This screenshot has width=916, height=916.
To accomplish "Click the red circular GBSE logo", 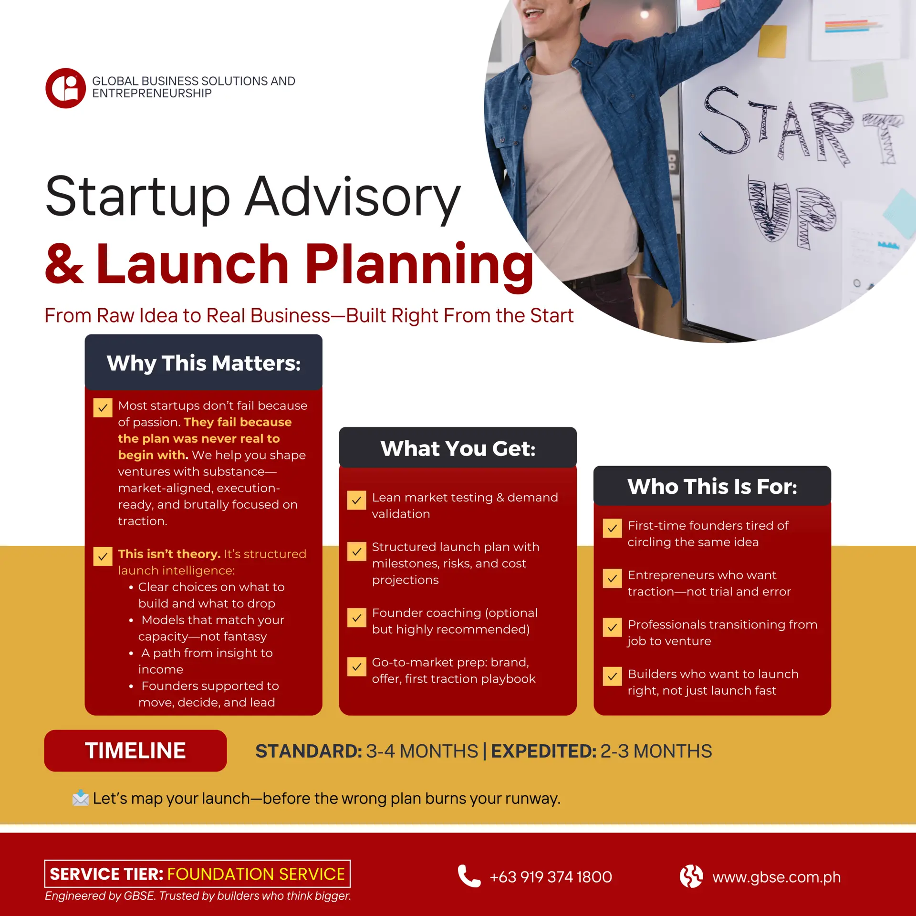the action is pyautogui.click(x=66, y=88).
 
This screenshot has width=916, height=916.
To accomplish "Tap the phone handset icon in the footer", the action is pyautogui.click(x=469, y=876).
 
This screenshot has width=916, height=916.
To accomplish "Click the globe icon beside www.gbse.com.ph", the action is pyautogui.click(x=691, y=876).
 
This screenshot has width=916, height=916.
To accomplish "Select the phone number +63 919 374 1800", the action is pyautogui.click(x=551, y=877).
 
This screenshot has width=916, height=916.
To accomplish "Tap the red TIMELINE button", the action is pyautogui.click(x=135, y=750).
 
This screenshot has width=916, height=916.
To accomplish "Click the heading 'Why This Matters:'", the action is pyautogui.click(x=204, y=363).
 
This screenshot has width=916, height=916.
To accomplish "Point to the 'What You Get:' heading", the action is pyautogui.click(x=458, y=448).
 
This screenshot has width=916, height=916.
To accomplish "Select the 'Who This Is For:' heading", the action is pyautogui.click(x=712, y=487).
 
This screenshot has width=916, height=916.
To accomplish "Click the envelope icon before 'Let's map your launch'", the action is pyautogui.click(x=81, y=798).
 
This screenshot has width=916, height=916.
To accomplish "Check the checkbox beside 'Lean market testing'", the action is pyautogui.click(x=356, y=500).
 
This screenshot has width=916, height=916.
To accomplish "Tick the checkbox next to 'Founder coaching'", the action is pyautogui.click(x=356, y=618).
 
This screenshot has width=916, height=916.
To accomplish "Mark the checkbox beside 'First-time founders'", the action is pyautogui.click(x=612, y=528).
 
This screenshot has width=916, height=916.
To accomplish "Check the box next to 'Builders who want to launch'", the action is pyautogui.click(x=612, y=676).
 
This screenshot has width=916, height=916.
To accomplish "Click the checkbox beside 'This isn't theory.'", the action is pyautogui.click(x=103, y=556).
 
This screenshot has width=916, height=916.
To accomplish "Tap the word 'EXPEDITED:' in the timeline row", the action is pyautogui.click(x=544, y=751).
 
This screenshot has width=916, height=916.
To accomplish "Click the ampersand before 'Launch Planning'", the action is pyautogui.click(x=64, y=264).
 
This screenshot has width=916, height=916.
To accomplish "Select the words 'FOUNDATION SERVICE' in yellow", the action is pyautogui.click(x=256, y=874).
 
